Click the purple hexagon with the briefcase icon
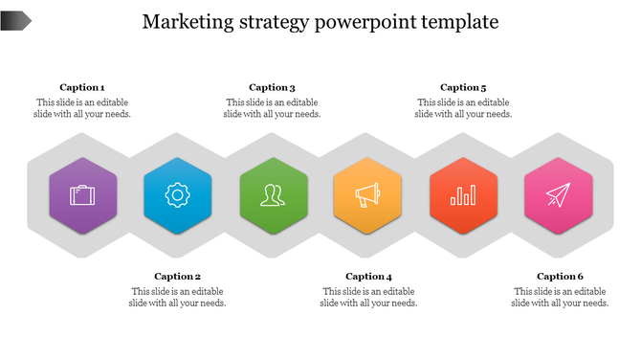(82, 196)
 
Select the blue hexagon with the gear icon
(177, 196)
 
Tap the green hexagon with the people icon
(273, 196)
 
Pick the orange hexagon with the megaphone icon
(368, 196)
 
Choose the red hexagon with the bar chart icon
(464, 196)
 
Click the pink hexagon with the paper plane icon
(559, 196)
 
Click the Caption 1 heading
(82, 87)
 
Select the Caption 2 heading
(178, 277)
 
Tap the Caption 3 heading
(273, 87)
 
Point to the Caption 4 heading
(369, 277)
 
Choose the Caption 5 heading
(463, 87)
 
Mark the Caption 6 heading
(560, 277)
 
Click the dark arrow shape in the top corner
(15, 19)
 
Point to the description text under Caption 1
(82, 108)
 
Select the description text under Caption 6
(560, 298)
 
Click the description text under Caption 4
(369, 298)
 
